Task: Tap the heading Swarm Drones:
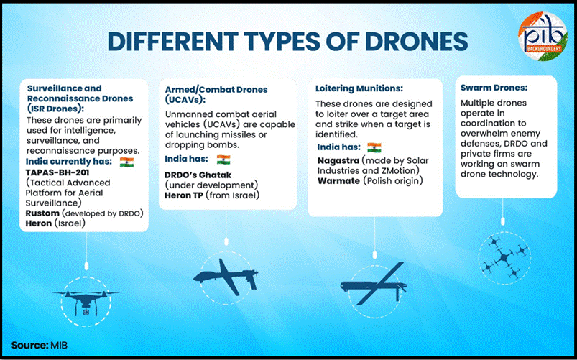[x=494, y=88]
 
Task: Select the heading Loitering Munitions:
[x=359, y=88]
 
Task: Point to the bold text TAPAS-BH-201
[x=57, y=172]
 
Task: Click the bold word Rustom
[x=42, y=213]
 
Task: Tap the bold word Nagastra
[x=338, y=160]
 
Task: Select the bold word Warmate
[x=338, y=181]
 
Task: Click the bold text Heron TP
[x=184, y=195]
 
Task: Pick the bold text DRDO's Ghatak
[x=198, y=175]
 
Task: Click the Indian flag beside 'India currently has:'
[x=126, y=162]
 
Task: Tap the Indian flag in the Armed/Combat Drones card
[x=223, y=160]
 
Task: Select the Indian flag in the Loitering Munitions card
[x=374, y=147]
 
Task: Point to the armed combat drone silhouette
[x=226, y=277]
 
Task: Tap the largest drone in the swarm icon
[x=504, y=257]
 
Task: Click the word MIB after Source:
[x=59, y=345]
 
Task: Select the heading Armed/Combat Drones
[x=216, y=89]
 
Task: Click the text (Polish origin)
[x=392, y=181]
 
